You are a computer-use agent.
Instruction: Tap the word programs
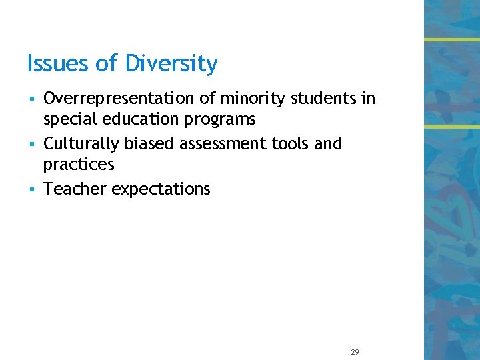pyautogui.click(x=224, y=120)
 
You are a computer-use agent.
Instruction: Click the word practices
pyautogui.click(x=79, y=165)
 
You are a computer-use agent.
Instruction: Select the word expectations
pyautogui.click(x=161, y=189)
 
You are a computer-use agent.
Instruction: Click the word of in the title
pyautogui.click(x=105, y=64)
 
